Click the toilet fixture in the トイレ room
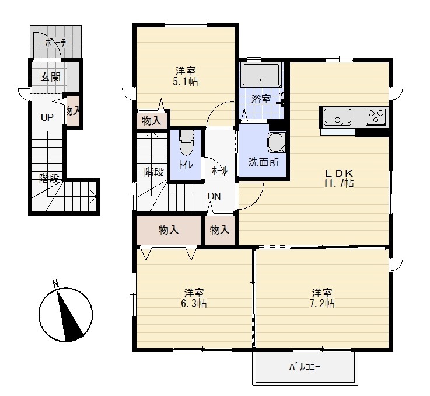coord(187,143)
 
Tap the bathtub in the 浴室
coord(261,75)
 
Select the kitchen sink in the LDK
coord(337,117)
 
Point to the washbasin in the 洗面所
coord(277,143)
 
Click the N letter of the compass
coord(56,283)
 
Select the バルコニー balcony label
coord(305,367)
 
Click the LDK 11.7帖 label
coord(338,178)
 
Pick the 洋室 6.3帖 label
coord(194,298)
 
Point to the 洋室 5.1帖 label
coord(186,77)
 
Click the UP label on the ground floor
coord(47,117)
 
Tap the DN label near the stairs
coord(214,196)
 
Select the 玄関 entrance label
coord(50,77)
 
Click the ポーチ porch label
coord(55,43)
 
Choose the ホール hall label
coord(219,171)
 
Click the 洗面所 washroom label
coord(264,162)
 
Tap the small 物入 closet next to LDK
coord(220,230)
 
